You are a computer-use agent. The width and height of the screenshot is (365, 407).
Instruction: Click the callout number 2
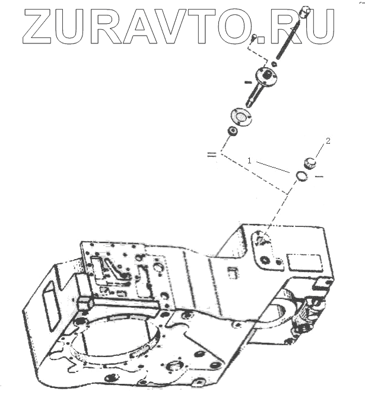(328, 141)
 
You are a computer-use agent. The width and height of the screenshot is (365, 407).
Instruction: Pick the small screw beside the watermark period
(253, 39)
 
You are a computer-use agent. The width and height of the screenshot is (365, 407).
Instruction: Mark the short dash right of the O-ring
(318, 177)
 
